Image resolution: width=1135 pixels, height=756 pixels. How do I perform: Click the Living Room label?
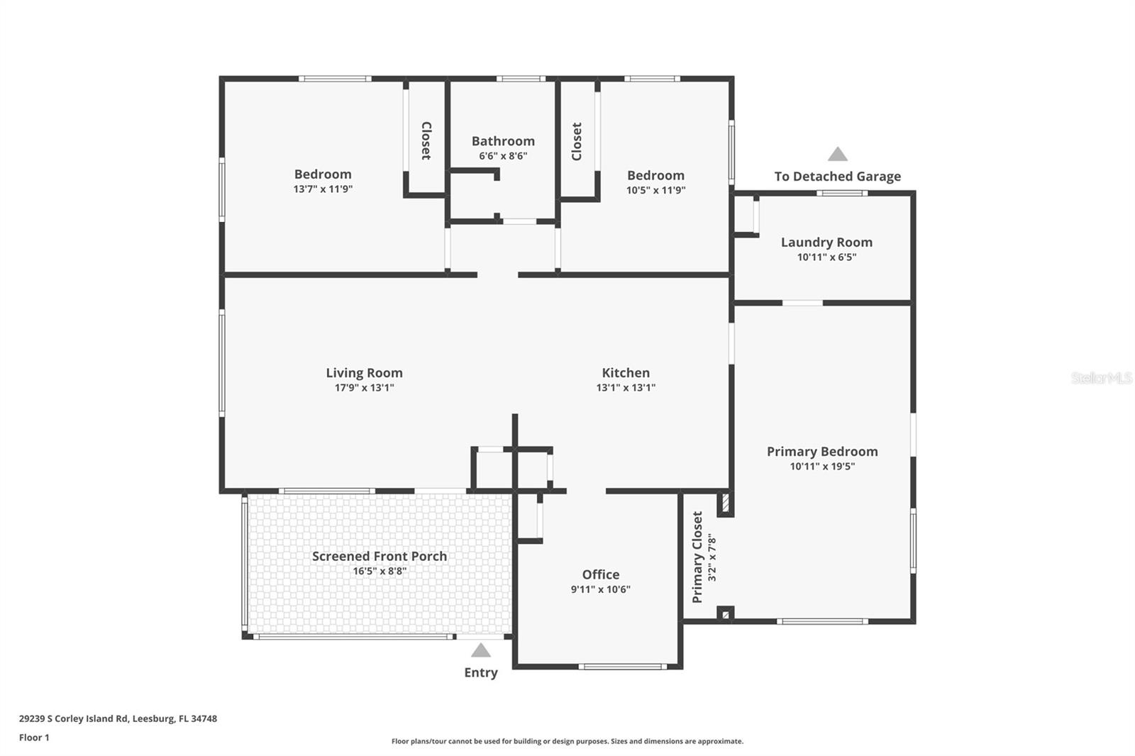pyautogui.click(x=364, y=372)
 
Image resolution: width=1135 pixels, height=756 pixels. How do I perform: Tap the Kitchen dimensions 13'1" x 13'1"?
pyautogui.click(x=626, y=388)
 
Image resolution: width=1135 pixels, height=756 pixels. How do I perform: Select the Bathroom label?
pyautogui.click(x=503, y=141)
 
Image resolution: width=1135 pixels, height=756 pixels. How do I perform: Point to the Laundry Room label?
pyautogui.click(x=826, y=242)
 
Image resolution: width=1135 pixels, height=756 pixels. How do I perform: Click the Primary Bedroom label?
pyautogui.click(x=822, y=451)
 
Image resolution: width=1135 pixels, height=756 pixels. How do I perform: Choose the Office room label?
pyautogui.click(x=601, y=574)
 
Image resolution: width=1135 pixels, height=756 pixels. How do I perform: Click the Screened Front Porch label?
pyautogui.click(x=380, y=556)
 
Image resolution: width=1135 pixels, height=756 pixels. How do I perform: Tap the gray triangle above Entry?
pyautogui.click(x=481, y=651)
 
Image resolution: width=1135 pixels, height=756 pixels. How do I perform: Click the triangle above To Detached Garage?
pyautogui.click(x=838, y=155)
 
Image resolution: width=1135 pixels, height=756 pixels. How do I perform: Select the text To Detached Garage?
pyautogui.click(x=837, y=177)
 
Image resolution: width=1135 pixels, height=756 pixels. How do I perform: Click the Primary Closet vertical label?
pyautogui.click(x=697, y=557)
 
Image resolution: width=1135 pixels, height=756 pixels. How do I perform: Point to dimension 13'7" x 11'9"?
pyautogui.click(x=323, y=189)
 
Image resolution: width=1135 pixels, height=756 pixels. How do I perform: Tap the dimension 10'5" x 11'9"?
pyautogui.click(x=655, y=190)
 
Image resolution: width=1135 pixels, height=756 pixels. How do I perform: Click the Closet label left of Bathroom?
pyautogui.click(x=426, y=140)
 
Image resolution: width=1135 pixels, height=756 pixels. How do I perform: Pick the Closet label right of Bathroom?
pyautogui.click(x=577, y=141)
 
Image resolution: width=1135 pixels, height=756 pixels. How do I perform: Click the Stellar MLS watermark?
pyautogui.click(x=1101, y=378)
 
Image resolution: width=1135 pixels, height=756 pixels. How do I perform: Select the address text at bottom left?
pyautogui.click(x=118, y=718)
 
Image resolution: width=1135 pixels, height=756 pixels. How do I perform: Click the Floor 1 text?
pyautogui.click(x=34, y=738)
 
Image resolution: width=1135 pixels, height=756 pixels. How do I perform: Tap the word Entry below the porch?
pyautogui.click(x=481, y=672)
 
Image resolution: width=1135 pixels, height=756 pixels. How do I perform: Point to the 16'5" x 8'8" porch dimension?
pyautogui.click(x=380, y=571)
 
